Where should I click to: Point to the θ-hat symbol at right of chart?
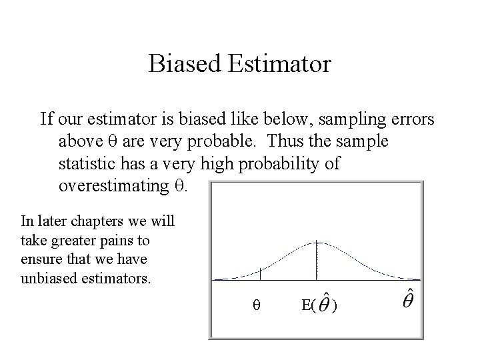tap(411, 298)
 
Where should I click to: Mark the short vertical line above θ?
tap(260, 273)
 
